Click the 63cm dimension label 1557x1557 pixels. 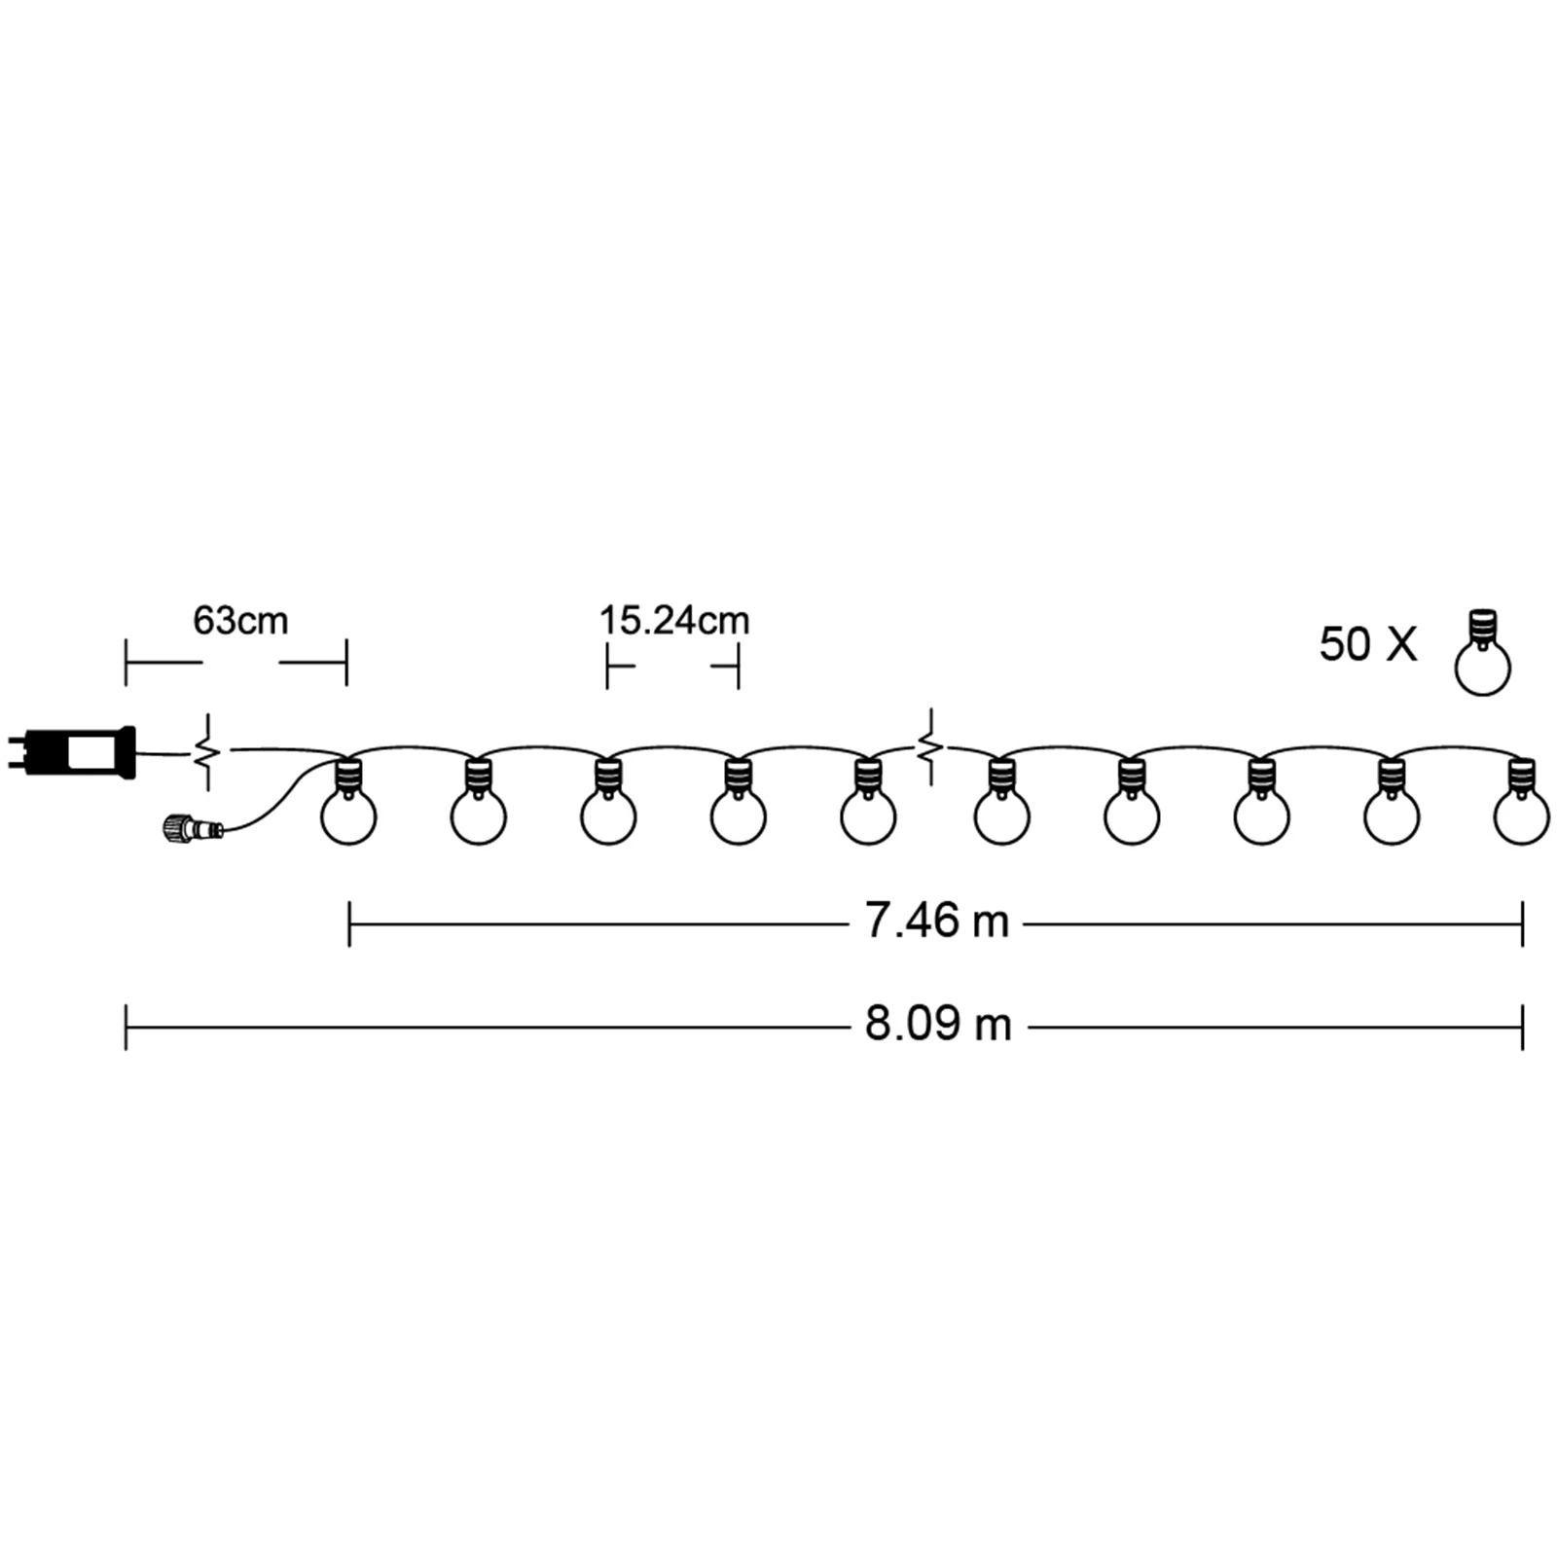240,621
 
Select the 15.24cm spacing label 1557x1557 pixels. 674,621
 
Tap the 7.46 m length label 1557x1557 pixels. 937,922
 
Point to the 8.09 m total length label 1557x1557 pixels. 938,1025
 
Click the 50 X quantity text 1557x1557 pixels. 1368,644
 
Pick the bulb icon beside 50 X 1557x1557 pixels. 1482,652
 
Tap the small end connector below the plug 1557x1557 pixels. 192,828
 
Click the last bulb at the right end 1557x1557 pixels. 1522,802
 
